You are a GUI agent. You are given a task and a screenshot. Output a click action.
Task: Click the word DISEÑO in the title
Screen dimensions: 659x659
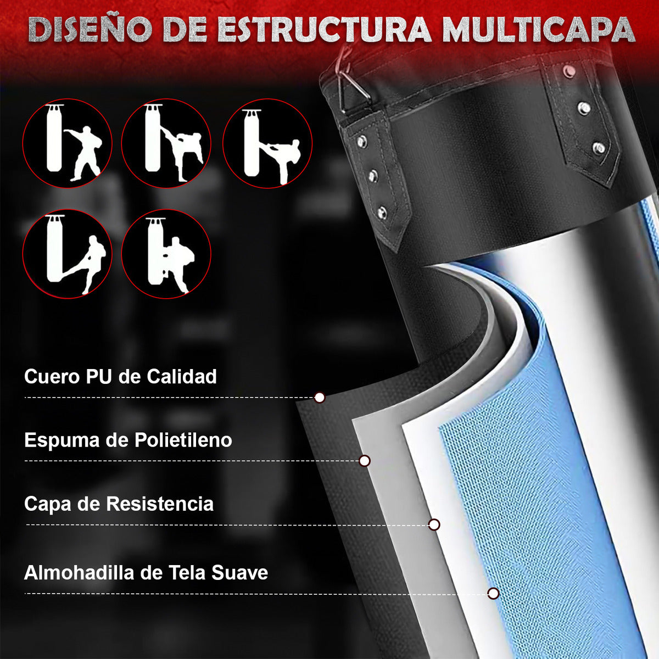pyautogui.click(x=90, y=30)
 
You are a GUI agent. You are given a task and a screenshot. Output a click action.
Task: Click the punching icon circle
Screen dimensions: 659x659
pyautogui.click(x=68, y=143)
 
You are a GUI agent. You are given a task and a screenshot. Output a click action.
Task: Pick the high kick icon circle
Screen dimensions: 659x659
pyautogui.click(x=166, y=143)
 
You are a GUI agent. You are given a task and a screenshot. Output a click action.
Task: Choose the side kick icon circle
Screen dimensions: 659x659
pyautogui.click(x=267, y=143)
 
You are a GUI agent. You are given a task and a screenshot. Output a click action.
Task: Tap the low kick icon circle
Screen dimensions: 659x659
pyautogui.click(x=68, y=254)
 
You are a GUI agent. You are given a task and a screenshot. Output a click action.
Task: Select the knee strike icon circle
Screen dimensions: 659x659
pyautogui.click(x=166, y=254)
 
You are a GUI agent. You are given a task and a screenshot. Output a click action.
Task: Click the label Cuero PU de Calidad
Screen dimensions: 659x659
pyautogui.click(x=120, y=377)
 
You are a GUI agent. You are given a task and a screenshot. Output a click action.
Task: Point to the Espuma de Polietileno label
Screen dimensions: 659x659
pyautogui.click(x=129, y=440)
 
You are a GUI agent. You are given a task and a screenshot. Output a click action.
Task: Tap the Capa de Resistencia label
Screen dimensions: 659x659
pyautogui.click(x=119, y=504)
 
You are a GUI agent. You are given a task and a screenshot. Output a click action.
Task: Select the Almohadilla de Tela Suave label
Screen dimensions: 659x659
pyautogui.click(x=146, y=573)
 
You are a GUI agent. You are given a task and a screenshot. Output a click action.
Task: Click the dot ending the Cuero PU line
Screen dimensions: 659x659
pyautogui.click(x=320, y=398)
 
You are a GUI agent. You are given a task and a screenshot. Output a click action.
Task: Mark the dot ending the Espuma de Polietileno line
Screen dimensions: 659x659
pyautogui.click(x=365, y=461)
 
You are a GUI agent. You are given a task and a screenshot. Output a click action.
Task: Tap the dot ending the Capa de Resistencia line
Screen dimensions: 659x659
pyautogui.click(x=434, y=524)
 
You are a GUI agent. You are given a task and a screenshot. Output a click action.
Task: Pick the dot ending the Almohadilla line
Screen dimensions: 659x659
pyautogui.click(x=493, y=594)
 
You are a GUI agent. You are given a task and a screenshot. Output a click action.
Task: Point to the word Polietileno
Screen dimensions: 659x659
pyautogui.click(x=183, y=440)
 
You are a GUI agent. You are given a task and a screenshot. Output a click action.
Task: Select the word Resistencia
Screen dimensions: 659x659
pyautogui.click(x=160, y=504)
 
